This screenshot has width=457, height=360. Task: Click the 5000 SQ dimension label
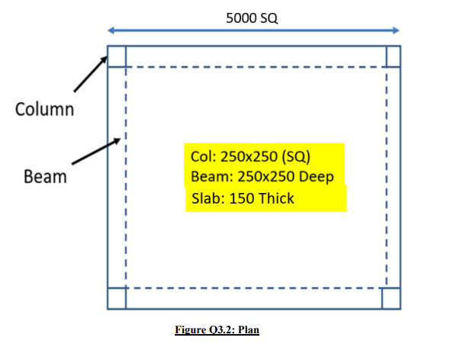[252, 18]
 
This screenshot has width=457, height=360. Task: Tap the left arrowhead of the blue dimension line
[111, 31]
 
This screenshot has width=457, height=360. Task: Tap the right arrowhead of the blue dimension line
[396, 31]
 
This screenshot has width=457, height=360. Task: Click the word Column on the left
[44, 110]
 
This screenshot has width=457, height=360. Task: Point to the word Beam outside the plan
[45, 176]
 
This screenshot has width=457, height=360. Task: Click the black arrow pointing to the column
[91, 74]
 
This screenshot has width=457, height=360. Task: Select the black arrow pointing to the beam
[96, 151]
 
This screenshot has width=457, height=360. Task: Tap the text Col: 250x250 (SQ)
[250, 156]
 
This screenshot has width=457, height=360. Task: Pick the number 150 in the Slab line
[241, 198]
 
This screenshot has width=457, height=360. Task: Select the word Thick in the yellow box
[276, 198]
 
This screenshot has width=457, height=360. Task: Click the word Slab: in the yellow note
[208, 198]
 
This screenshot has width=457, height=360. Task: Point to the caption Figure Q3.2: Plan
[217, 329]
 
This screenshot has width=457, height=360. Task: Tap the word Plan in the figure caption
[249, 329]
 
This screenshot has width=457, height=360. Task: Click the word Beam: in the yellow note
[212, 176]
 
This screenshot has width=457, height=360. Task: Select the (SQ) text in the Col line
[296, 156]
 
